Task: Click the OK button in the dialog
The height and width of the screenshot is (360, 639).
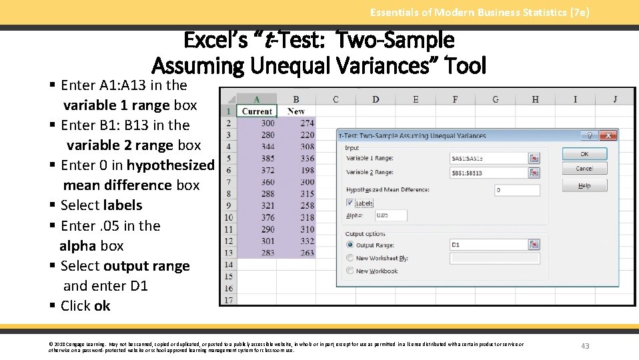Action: coord(584,154)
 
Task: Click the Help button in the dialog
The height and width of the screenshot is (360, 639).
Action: coord(584,186)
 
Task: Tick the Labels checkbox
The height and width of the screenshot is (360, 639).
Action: coord(351,203)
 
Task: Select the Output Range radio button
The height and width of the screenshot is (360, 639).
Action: coord(350,245)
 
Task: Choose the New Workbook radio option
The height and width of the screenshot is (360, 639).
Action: coord(350,271)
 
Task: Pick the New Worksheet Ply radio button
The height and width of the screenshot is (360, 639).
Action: coord(350,258)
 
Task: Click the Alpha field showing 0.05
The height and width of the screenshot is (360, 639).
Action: coord(391,215)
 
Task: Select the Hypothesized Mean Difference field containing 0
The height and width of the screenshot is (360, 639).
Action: coord(517,190)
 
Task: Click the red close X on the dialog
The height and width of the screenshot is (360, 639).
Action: coord(608,135)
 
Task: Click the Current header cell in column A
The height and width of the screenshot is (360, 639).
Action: coord(257,111)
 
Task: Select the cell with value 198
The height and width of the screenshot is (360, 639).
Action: coord(307,170)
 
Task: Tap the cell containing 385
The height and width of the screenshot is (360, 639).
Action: coord(267,159)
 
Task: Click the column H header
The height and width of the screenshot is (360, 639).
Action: coord(535,99)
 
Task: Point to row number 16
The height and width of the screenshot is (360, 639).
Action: coord(229,288)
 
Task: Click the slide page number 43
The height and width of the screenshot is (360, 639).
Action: coord(585,346)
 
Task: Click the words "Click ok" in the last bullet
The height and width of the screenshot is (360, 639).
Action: coord(85,306)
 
